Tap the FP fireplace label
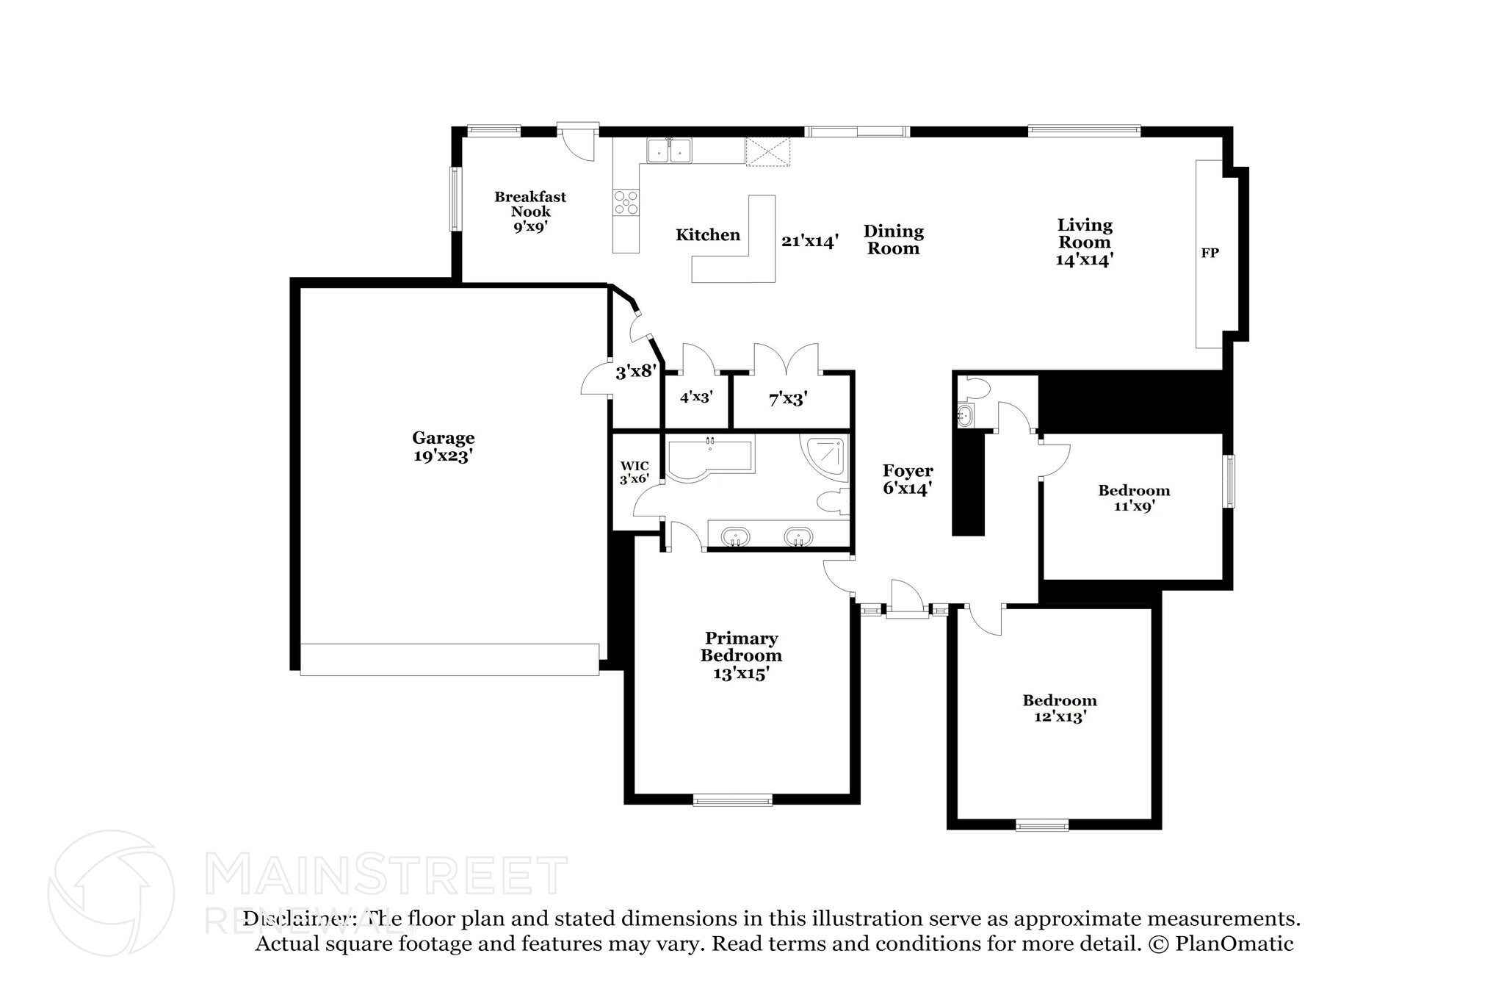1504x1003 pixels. click(x=1210, y=253)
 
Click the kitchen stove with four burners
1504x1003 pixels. click(x=626, y=202)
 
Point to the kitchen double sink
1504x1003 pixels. click(x=670, y=150)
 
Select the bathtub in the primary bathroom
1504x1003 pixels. click(x=709, y=459)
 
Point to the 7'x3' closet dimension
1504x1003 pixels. click(x=788, y=399)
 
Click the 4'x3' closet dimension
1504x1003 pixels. click(x=696, y=397)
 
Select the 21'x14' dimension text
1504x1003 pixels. click(x=810, y=240)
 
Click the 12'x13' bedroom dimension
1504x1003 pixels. click(x=1060, y=717)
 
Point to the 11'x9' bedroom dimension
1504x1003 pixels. click(x=1134, y=506)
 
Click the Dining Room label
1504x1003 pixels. click(x=894, y=240)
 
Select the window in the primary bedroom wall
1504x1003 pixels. click(x=732, y=800)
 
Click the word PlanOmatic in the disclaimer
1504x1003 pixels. click(x=1234, y=943)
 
